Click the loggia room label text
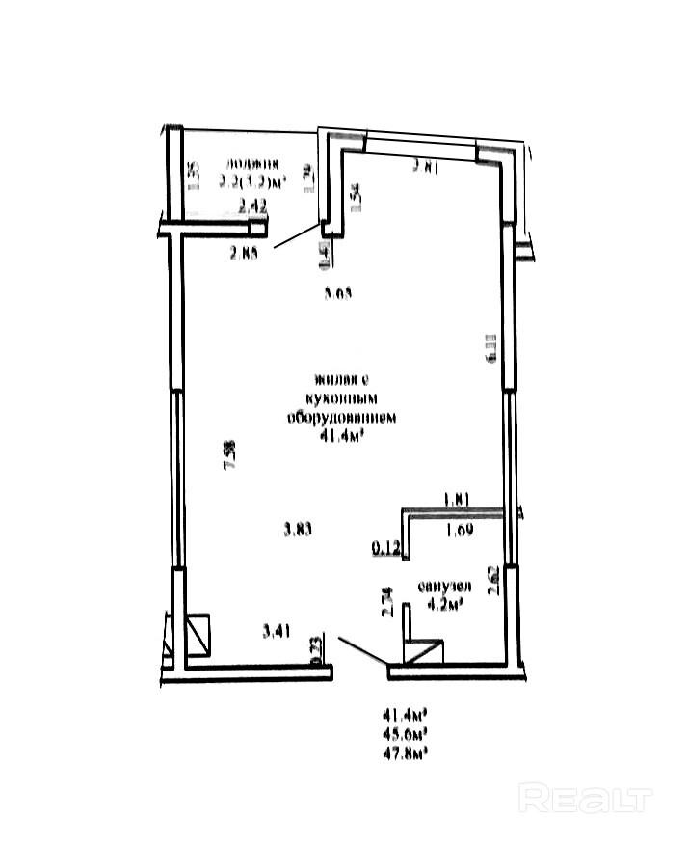[254, 163]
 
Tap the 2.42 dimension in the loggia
[251, 205]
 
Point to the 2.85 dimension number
[246, 255]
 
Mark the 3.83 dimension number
[299, 528]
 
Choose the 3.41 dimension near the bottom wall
[278, 632]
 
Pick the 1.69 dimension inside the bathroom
[460, 529]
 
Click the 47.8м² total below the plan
[406, 750]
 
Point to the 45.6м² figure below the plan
[406, 732]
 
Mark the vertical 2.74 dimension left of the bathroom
[388, 603]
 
